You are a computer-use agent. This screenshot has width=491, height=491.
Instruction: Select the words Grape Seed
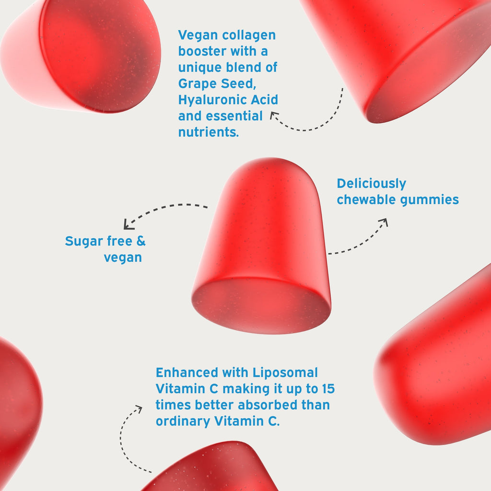(x=217, y=84)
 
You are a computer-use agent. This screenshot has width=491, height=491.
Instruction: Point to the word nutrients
(x=209, y=132)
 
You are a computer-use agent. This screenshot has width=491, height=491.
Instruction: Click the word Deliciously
(x=372, y=184)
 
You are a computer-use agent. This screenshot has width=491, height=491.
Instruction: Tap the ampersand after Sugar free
(x=141, y=241)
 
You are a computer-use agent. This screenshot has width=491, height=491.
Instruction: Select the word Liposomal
(x=285, y=373)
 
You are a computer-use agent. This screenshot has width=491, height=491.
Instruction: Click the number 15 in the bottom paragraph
(x=328, y=389)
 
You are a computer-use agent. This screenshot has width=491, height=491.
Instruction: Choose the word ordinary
(x=183, y=421)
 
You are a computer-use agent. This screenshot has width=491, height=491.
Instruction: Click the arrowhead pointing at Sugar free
(x=128, y=225)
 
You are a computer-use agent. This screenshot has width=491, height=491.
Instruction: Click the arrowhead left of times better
(x=139, y=409)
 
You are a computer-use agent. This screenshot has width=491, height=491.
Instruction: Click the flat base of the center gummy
(x=261, y=305)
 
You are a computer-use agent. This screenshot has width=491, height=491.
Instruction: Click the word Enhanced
(x=187, y=373)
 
